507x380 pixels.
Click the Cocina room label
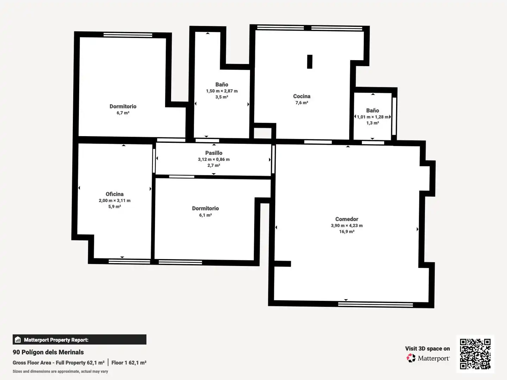(302, 96)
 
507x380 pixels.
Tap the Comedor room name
(347, 219)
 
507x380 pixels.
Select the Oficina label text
(114, 194)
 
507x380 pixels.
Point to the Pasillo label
(214, 153)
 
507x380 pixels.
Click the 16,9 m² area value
(347, 232)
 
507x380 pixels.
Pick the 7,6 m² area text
(302, 103)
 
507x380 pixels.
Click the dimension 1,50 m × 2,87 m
(222, 91)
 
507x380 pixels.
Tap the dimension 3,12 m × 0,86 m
(214, 159)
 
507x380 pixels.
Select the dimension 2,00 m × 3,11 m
(114, 201)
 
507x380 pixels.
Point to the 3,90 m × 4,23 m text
(347, 226)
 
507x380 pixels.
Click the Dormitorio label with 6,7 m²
(123, 106)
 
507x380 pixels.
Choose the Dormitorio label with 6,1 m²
(205, 208)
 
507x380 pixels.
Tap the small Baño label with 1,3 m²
(373, 110)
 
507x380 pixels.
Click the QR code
(475, 354)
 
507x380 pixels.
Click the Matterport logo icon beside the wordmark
(411, 358)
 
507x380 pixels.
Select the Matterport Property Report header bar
(80, 340)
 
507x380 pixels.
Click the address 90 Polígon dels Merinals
(48, 352)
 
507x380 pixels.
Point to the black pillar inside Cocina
(309, 62)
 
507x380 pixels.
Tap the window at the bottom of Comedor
(375, 305)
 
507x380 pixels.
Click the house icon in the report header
(18, 340)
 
